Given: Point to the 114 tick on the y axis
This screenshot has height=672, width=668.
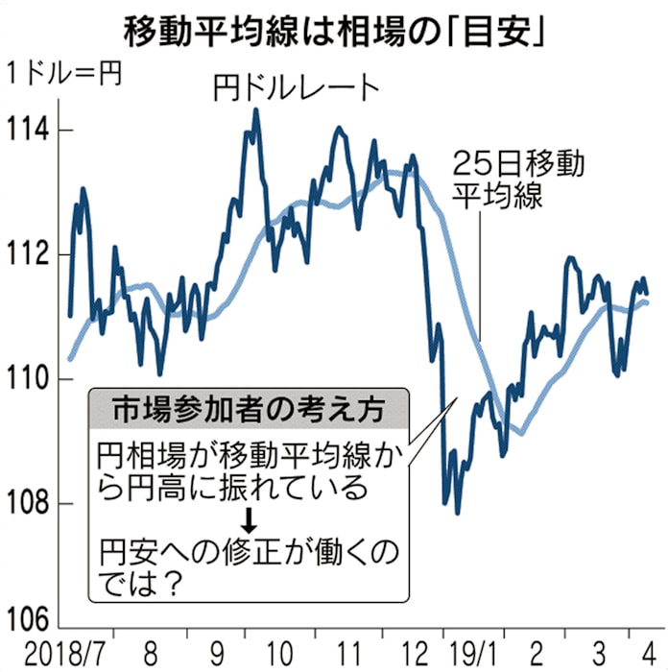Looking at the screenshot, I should point(31,130).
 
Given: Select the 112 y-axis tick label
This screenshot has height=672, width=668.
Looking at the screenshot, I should point(31,254).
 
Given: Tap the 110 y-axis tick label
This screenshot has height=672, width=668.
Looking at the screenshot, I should point(31,379).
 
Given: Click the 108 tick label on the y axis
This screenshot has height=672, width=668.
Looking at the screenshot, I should point(31,504).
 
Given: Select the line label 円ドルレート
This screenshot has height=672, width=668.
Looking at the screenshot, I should point(297,88).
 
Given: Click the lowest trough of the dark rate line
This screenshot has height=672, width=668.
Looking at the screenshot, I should point(458,513).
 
